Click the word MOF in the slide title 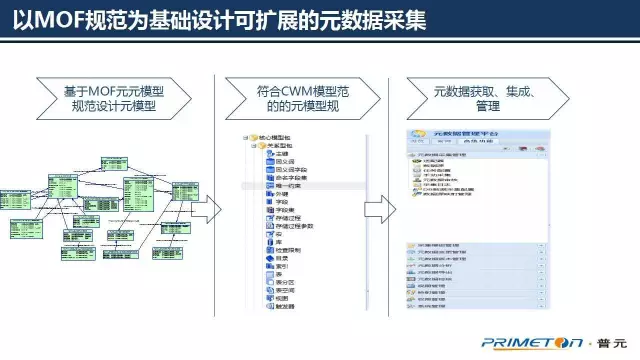[x=57, y=21]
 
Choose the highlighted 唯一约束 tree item [x=287, y=186]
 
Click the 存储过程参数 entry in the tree [x=294, y=225]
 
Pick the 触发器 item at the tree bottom [x=285, y=306]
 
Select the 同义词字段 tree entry [x=289, y=169]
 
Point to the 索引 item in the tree [x=281, y=265]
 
